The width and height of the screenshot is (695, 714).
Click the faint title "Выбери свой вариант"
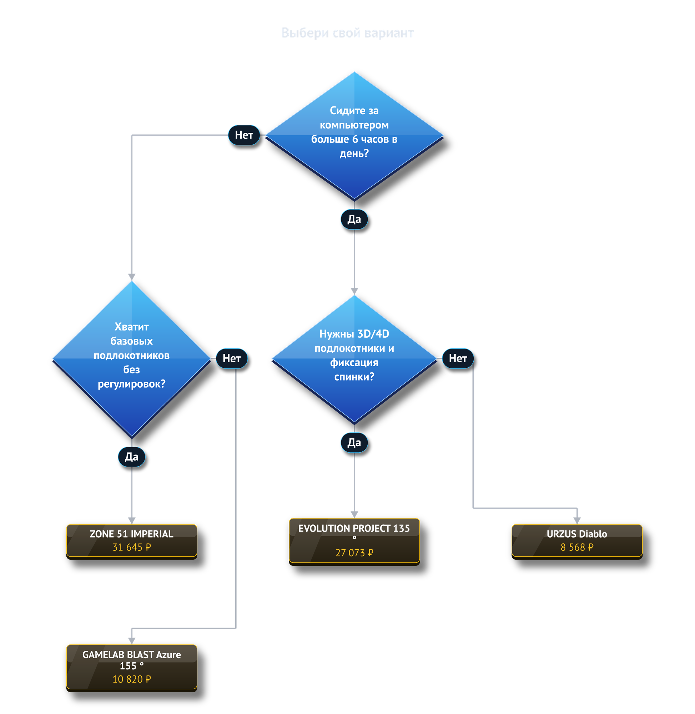pos(347,33)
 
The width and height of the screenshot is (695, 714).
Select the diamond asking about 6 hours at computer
pos(354,136)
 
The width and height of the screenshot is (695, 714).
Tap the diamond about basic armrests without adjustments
pos(132,359)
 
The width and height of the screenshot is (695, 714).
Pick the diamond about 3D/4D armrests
pos(354,359)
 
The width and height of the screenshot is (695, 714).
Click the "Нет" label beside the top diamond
pos(244,135)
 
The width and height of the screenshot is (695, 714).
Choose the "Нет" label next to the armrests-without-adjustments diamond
pos(232,358)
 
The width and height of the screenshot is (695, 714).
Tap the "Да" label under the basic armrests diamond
pos(132,457)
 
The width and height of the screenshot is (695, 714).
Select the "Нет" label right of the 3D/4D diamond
pos(458,358)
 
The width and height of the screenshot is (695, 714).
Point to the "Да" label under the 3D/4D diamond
pos(354,442)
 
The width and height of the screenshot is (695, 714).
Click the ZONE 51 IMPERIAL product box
pos(132,541)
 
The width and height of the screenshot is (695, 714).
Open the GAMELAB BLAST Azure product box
pos(132,668)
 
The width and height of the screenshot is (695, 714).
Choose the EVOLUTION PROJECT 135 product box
pos(354,541)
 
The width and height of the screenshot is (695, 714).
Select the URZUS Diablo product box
pos(577,541)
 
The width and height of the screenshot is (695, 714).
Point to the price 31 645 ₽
pos(132,547)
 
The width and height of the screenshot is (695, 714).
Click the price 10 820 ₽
pos(132,679)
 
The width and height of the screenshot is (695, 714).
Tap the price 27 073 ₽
pos(354,553)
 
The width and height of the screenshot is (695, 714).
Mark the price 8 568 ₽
pos(577,547)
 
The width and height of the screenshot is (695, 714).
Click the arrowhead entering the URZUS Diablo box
pos(577,521)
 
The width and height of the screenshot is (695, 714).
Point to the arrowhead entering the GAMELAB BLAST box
pos(132,641)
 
